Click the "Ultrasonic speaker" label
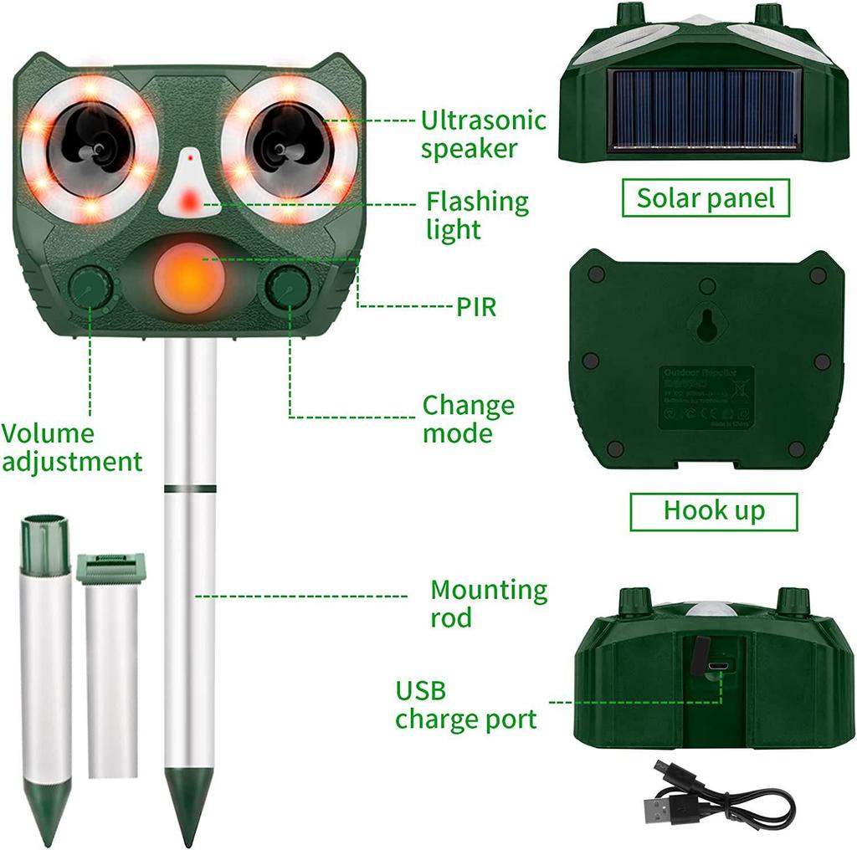pos(483,134)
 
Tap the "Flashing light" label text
pos(477,215)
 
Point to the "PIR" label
pos(476,307)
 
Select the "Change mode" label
pos(468,419)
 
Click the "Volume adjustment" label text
pos(71,448)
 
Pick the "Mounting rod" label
pos(489,603)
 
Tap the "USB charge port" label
pos(466,705)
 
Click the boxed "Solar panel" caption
pos(706,198)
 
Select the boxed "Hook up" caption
pos(714,510)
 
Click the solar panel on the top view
pos(706,109)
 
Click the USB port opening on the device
pos(716,668)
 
